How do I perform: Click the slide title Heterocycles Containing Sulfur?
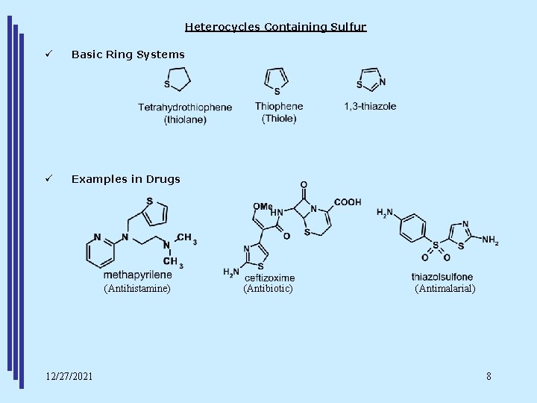275,27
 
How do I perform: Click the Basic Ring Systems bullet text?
128,54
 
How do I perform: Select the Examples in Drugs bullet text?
125,179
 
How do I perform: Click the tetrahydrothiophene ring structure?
178,78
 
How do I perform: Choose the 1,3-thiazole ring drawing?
371,80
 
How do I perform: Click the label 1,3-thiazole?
370,106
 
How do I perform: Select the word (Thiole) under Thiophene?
278,119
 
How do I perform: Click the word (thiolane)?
184,119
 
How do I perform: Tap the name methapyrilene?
138,275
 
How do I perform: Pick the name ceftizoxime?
269,278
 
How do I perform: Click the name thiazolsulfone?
442,277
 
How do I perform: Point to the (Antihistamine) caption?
137,288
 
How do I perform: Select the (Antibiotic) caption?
268,288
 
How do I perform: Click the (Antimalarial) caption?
445,288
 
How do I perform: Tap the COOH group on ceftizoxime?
348,201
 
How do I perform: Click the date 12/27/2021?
69,375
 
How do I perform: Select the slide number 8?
489,375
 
